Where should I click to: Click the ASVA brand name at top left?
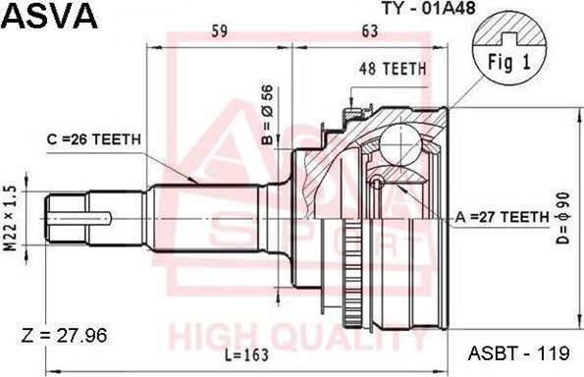pyautogui.click(x=50, y=16)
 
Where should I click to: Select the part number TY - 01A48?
pyautogui.click(x=428, y=7)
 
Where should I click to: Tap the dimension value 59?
pyautogui.click(x=220, y=31)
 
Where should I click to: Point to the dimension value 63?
pyautogui.click(x=370, y=31)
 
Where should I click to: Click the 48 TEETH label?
pyautogui.click(x=393, y=69)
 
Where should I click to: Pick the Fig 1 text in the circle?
pyautogui.click(x=509, y=62)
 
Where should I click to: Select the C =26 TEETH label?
pyautogui.click(x=94, y=139)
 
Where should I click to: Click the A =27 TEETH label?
pyautogui.click(x=502, y=216)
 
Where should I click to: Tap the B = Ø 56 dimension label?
pyautogui.click(x=267, y=115)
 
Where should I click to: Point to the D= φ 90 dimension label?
pyautogui.click(x=563, y=218)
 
